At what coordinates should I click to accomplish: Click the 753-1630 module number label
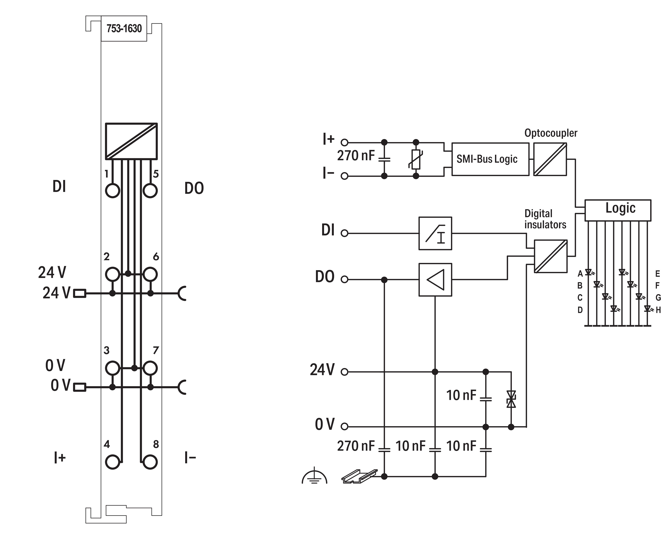click(x=124, y=29)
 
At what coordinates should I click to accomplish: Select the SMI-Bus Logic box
click(x=490, y=159)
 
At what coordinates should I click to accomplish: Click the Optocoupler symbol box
click(x=550, y=159)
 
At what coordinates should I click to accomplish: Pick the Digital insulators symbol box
click(x=550, y=256)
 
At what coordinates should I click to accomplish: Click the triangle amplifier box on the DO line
click(x=435, y=279)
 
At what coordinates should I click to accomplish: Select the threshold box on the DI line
click(x=435, y=233)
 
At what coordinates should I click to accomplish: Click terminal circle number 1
click(x=112, y=190)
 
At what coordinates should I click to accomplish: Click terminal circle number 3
click(x=112, y=368)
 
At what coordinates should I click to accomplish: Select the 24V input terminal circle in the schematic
click(x=344, y=372)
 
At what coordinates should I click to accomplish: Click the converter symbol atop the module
click(x=131, y=141)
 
